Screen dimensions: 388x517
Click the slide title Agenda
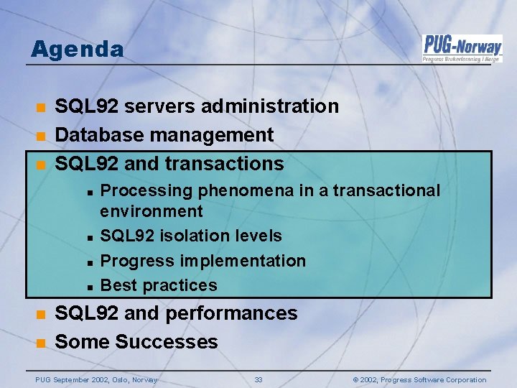click(78, 49)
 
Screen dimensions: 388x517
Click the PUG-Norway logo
click(461, 48)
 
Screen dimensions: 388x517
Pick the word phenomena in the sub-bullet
click(235, 190)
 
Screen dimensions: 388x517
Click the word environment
click(152, 211)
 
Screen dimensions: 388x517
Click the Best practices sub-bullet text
click(159, 285)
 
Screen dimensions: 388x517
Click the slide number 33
click(258, 379)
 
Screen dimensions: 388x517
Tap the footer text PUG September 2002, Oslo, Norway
click(96, 379)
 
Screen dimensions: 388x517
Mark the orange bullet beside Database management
click(42, 135)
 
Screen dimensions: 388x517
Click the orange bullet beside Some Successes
click(42, 343)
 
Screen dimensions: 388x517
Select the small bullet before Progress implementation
click(90, 261)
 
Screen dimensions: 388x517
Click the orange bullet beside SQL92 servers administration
click(42, 107)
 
